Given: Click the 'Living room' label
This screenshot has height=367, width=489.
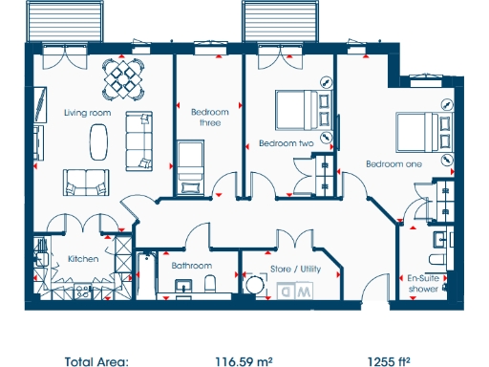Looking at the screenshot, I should pos(88,113).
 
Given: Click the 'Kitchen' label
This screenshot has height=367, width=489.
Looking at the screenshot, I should pos(83,258).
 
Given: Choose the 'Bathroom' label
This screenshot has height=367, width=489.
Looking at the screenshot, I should pos(191,266).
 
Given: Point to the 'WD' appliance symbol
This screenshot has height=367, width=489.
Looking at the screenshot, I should pos(300,290).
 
